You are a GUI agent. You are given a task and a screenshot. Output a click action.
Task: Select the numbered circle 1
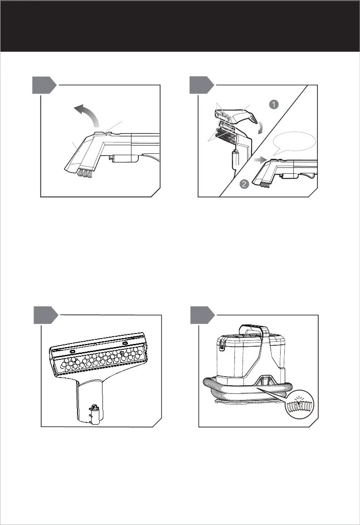pos(274,104)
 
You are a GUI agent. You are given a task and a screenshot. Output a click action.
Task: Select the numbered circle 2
pos(244,184)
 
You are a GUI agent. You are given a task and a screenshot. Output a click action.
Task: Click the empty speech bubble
pos(294,142)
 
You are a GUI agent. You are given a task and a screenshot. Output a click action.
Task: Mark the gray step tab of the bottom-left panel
pos(46,315)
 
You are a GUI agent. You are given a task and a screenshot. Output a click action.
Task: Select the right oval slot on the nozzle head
pos(125,343)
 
